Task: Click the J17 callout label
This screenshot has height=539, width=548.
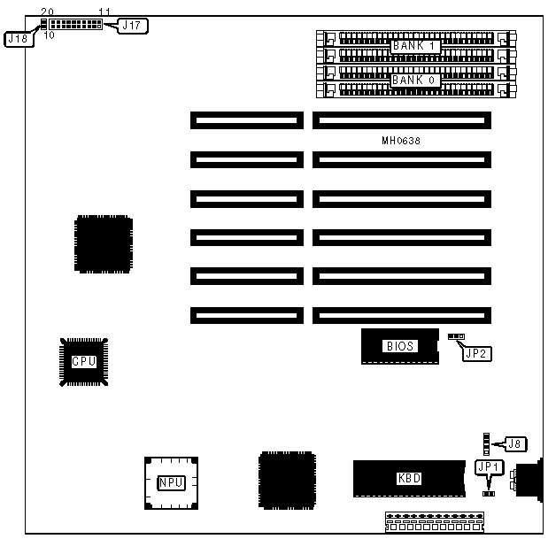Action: click(131, 26)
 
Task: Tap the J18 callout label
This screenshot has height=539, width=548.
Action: click(19, 39)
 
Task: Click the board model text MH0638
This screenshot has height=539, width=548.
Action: click(400, 141)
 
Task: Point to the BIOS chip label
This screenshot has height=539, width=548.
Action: click(399, 346)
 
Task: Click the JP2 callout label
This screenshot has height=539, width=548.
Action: click(477, 353)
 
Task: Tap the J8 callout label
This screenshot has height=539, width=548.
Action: click(515, 443)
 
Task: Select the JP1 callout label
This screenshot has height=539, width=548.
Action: click(489, 466)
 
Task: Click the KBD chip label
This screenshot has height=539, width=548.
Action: click(408, 479)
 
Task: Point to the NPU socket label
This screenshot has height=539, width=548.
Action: click(171, 482)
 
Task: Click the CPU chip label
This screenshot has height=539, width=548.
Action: click(83, 361)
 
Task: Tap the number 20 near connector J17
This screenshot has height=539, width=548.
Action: click(47, 12)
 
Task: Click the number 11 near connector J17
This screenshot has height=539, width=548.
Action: click(104, 12)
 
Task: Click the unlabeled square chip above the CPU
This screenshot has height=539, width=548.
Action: click(104, 242)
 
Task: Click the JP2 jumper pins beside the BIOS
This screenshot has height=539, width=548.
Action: click(457, 337)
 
